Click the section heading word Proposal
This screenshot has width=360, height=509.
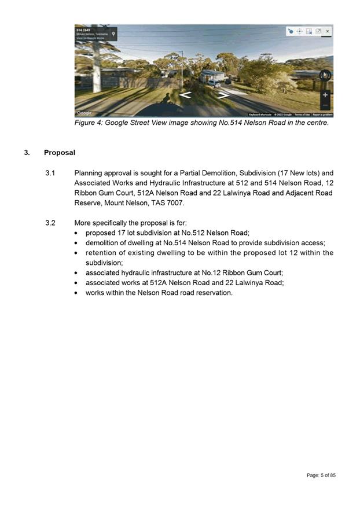click(x=60, y=153)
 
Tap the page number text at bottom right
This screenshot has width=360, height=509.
click(x=321, y=475)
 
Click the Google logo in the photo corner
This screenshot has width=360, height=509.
click(x=85, y=113)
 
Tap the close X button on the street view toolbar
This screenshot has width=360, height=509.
click(x=328, y=31)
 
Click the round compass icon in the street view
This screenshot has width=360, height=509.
click(x=325, y=74)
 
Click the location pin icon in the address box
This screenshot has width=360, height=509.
click(x=113, y=34)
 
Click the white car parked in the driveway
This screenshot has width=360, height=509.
click(x=214, y=83)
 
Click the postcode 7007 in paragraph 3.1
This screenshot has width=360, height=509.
click(x=175, y=203)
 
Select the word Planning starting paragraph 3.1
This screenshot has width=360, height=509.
click(x=89, y=173)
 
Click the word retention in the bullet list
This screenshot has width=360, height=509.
click(x=102, y=253)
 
